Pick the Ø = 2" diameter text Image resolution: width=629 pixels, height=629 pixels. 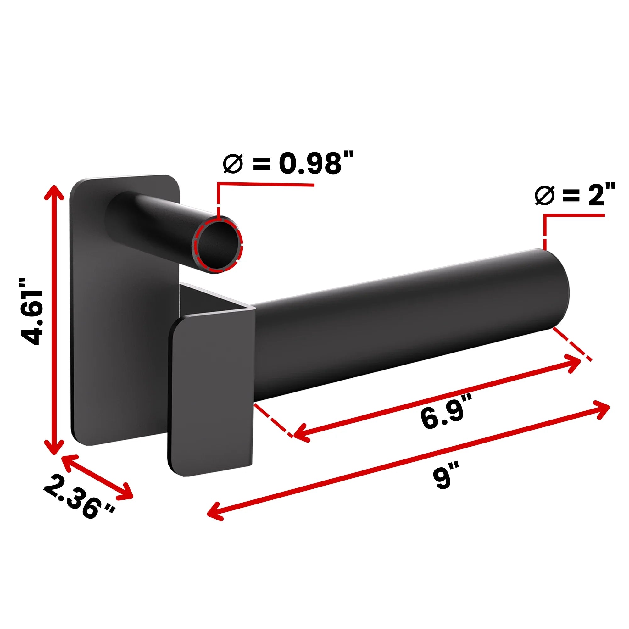(x=575, y=195)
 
